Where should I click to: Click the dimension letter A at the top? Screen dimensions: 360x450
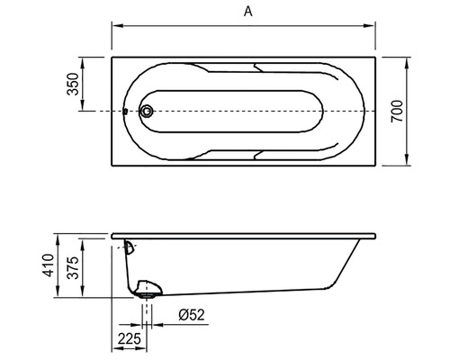tap(245, 12)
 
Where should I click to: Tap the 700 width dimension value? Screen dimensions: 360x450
tap(397, 111)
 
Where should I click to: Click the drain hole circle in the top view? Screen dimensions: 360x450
tap(146, 112)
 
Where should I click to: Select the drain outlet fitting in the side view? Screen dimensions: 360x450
tap(148, 290)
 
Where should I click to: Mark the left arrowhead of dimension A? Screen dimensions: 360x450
tap(115, 26)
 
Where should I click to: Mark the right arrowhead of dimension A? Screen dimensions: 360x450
tap(375, 26)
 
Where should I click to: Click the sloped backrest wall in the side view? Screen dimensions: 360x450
tap(346, 265)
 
